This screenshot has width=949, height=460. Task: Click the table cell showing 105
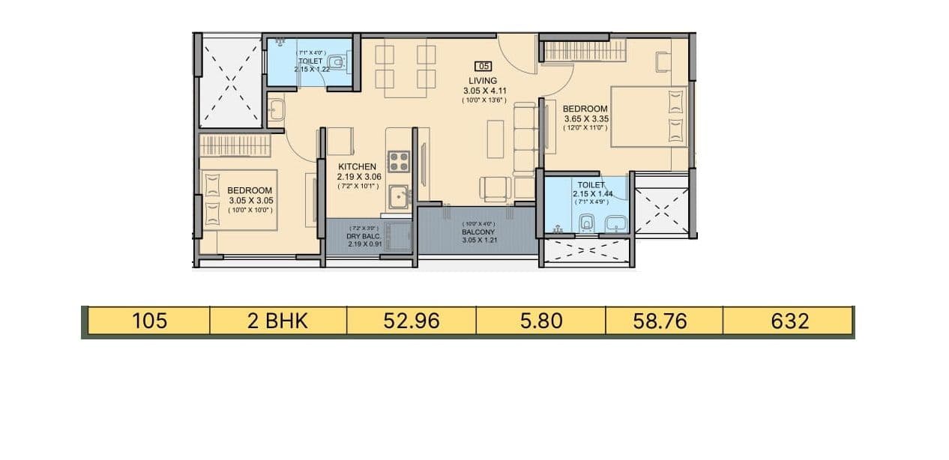click(148, 321)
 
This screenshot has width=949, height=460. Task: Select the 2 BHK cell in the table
click(277, 321)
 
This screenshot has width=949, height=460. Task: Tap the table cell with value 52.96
click(411, 321)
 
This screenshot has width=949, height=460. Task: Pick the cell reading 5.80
click(540, 321)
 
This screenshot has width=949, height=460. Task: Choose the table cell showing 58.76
click(663, 321)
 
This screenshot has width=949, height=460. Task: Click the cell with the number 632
click(789, 321)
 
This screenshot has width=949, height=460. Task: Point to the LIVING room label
click(483, 80)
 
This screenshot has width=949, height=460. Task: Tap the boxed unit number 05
click(483, 66)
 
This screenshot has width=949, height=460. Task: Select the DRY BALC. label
click(364, 236)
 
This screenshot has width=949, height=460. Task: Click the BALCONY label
click(477, 232)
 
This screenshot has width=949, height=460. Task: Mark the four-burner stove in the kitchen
click(398, 161)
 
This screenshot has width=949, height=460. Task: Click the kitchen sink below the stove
click(398, 198)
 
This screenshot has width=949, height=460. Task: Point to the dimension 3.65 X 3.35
click(585, 118)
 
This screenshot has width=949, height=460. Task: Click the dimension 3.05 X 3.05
click(250, 200)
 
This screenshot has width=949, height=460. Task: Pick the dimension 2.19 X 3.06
click(358, 177)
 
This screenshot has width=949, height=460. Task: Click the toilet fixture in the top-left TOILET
click(339, 61)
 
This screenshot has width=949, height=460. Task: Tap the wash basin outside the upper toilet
click(275, 109)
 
